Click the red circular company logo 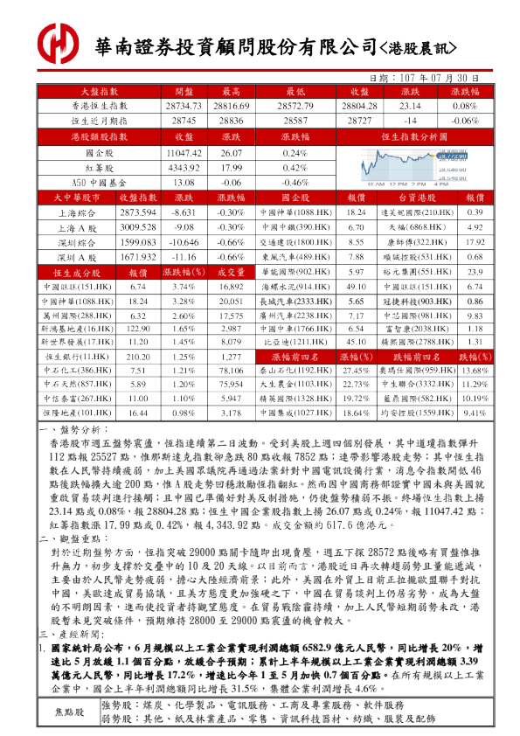coord(59,42)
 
